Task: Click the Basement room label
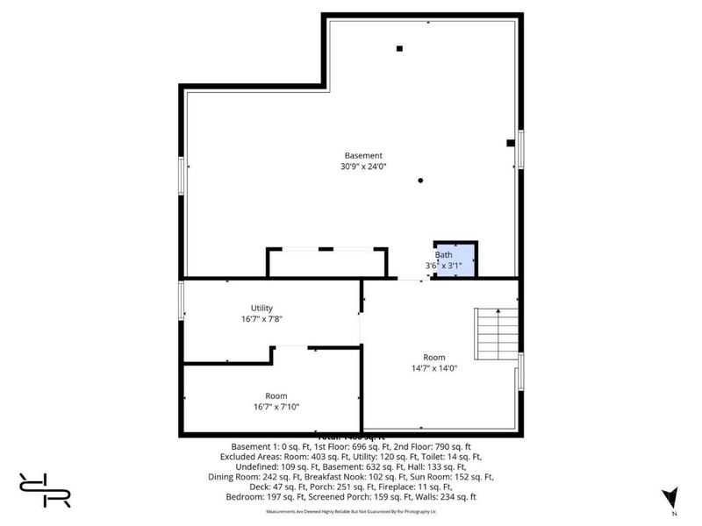363,156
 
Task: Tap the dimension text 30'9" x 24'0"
363,167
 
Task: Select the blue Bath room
455,260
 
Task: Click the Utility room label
261,308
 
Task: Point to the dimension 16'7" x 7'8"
261,319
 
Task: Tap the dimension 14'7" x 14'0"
434,368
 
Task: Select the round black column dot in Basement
421,181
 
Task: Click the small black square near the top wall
399,48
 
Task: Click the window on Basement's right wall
520,148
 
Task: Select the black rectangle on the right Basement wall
510,143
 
